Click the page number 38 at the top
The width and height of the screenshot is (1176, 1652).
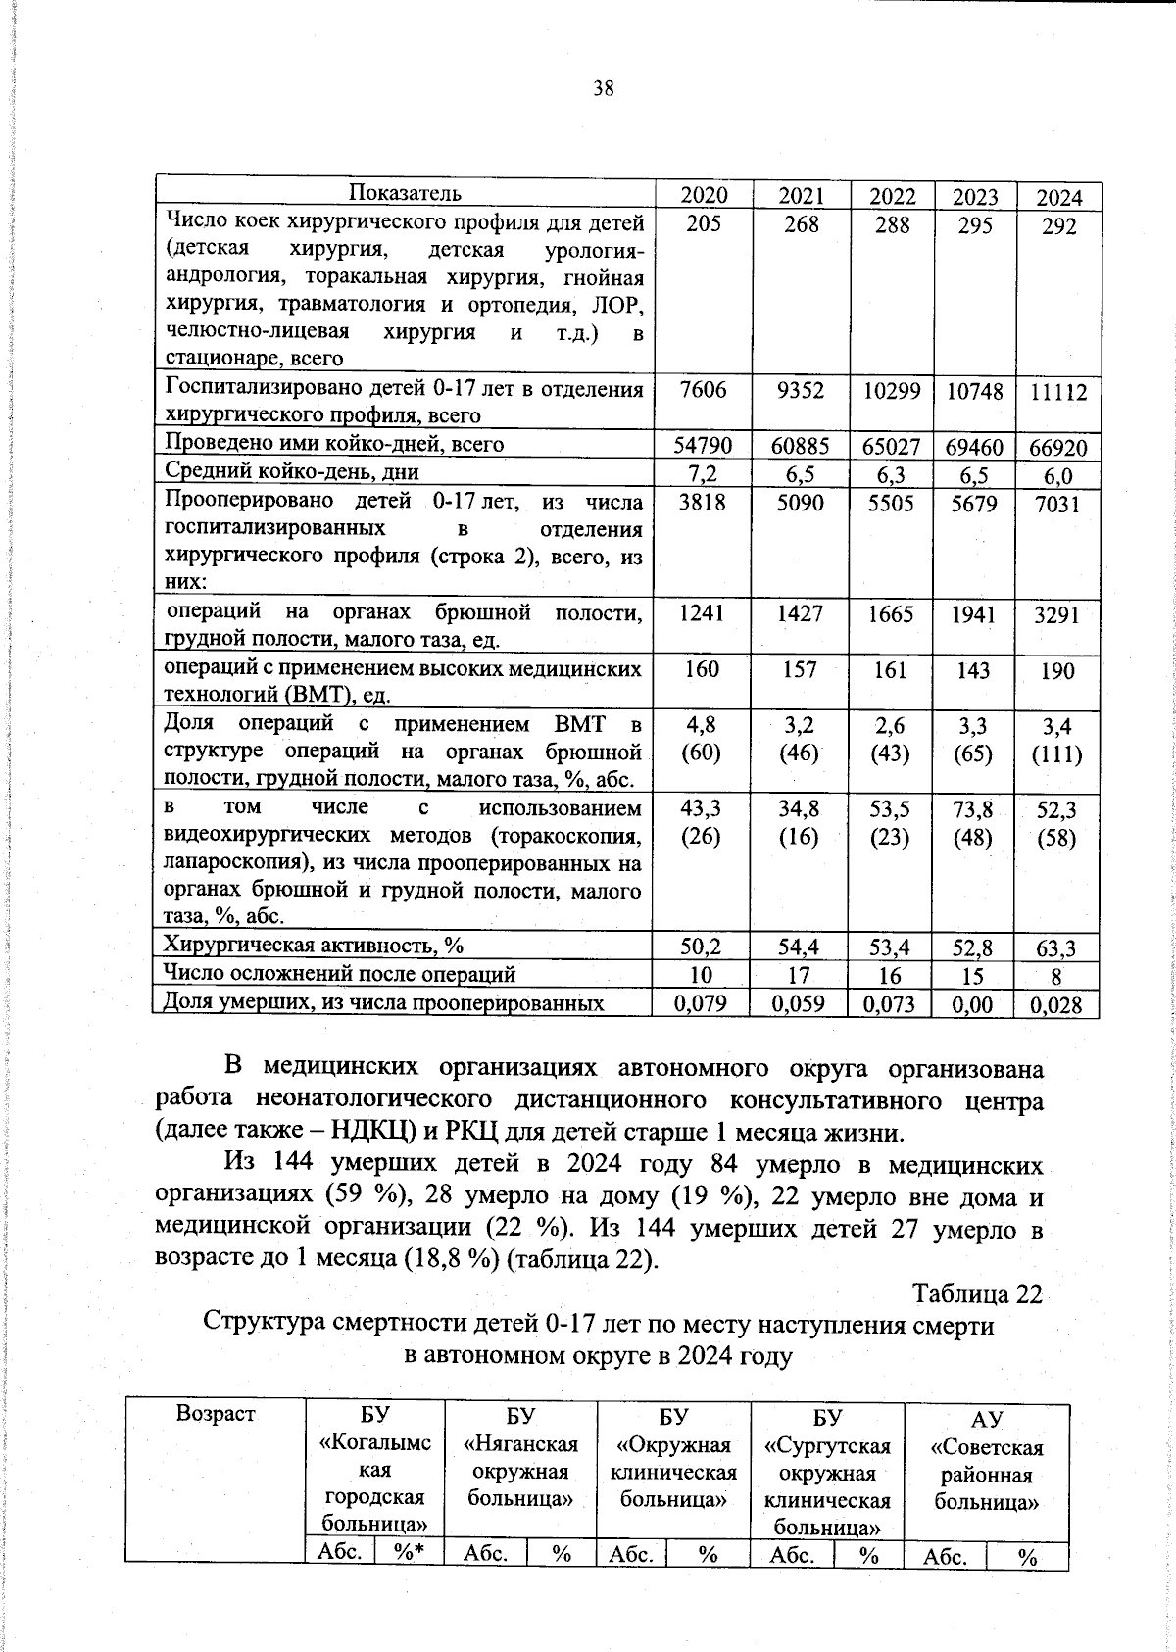[603, 89]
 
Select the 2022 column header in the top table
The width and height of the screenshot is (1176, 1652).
[893, 196]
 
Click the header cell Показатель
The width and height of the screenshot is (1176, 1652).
[405, 193]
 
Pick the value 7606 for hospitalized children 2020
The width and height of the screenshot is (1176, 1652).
[703, 390]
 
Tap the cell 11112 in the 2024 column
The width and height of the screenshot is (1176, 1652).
[1058, 393]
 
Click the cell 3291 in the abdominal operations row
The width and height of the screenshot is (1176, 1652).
[1057, 615]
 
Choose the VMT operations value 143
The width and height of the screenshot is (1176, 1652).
[974, 671]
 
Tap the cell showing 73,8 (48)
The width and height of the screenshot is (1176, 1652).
[973, 823]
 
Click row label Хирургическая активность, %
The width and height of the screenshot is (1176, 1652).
[313, 946]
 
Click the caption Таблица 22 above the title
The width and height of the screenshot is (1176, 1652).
[976, 1293]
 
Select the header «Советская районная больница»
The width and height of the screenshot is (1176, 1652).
[986, 1460]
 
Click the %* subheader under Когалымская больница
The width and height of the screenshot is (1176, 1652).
[409, 1552]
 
